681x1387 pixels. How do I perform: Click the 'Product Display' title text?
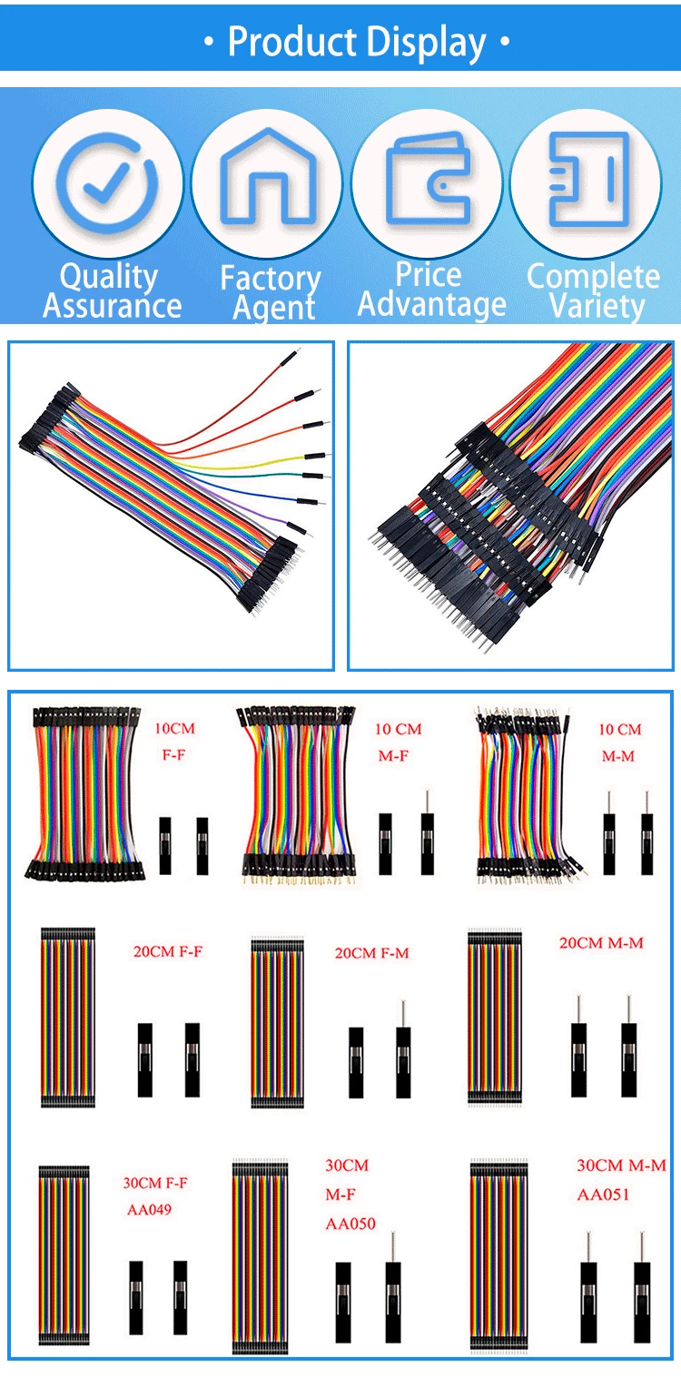[x=357, y=42]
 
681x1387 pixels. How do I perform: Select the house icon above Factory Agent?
[x=268, y=176]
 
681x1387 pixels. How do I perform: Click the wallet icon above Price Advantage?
[x=428, y=178]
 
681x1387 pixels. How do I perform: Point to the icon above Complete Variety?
[x=588, y=180]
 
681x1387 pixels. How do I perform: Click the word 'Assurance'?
[x=113, y=306]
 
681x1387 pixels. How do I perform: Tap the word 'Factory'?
[x=271, y=279]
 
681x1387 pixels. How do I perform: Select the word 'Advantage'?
[x=432, y=305]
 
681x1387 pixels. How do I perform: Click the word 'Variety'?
[x=597, y=307]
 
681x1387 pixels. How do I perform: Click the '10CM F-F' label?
[x=174, y=742]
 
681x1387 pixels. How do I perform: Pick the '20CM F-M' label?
[x=371, y=953]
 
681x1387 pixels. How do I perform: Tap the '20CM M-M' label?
[x=601, y=943]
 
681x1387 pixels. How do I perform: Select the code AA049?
[x=149, y=1209]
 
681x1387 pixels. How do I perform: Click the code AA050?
[x=350, y=1224]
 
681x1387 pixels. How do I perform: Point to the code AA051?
[x=603, y=1195]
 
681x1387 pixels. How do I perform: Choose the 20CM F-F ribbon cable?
[x=67, y=1017]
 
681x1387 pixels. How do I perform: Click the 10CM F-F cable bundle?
[x=84, y=793]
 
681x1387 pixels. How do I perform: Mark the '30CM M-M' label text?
[x=621, y=1166]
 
